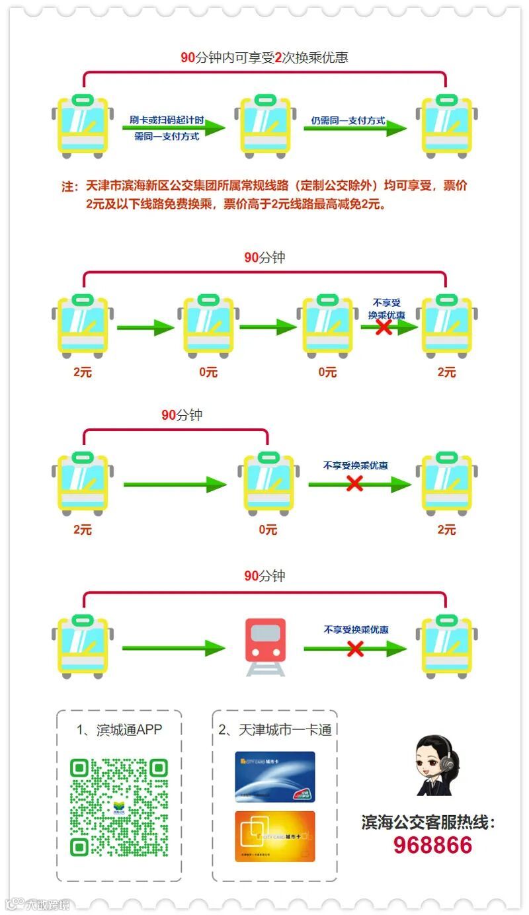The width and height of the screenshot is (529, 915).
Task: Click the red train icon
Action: tap(265, 646)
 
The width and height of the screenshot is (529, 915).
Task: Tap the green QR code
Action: tap(119, 807)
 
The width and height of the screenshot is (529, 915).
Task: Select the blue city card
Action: tap(275, 777)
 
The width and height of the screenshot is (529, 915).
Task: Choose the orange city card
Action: tap(275, 836)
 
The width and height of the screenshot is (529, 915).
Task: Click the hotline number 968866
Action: tap(433, 845)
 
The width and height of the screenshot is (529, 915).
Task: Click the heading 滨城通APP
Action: tap(119, 730)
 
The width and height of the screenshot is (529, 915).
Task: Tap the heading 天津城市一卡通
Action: tap(275, 730)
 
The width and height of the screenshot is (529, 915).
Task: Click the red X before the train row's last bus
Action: tap(355, 649)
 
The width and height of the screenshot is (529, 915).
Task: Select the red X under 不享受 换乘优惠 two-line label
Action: tap(384, 327)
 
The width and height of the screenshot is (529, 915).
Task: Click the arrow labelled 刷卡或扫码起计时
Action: tap(173, 129)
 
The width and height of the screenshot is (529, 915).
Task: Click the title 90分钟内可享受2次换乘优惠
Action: tap(264, 58)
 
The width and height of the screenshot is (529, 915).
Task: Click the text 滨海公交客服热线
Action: tap(428, 822)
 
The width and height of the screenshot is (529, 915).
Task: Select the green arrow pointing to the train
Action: tap(173, 648)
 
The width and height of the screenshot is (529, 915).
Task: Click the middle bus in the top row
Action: tap(265, 127)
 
